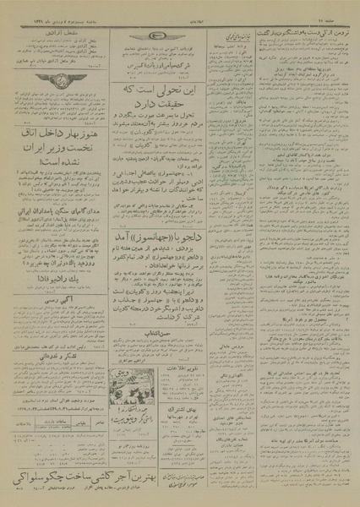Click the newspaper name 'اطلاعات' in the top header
180,9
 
